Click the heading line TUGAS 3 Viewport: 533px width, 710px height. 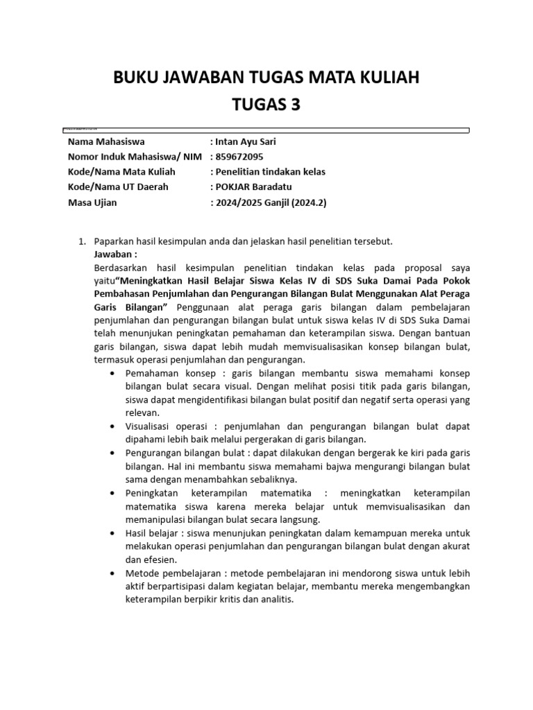click(266, 105)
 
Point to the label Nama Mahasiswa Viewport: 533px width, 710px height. click(106, 141)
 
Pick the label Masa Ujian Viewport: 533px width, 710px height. click(92, 202)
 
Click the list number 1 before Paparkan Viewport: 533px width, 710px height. click(81, 241)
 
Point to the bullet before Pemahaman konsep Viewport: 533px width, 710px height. click(112, 373)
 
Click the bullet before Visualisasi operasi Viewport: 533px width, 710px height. click(112, 426)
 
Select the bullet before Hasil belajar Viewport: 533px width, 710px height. click(112, 532)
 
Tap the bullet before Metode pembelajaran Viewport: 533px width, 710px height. click(112, 573)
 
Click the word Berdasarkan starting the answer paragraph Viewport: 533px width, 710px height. click(121, 267)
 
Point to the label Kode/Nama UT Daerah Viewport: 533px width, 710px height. click(118, 187)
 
